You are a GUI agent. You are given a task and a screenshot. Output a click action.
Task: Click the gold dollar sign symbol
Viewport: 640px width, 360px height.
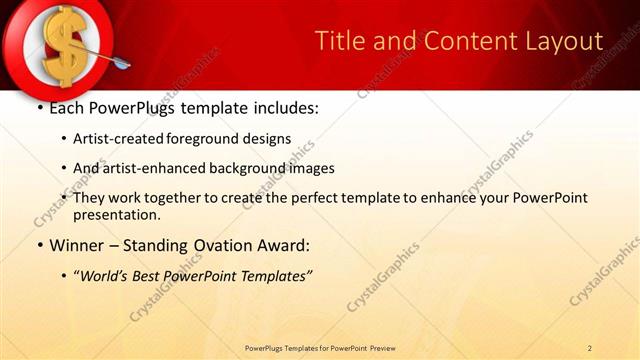63,45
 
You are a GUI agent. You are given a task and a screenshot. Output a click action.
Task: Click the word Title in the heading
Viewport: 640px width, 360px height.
339,41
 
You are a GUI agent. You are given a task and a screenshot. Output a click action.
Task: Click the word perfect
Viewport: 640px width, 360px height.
315,198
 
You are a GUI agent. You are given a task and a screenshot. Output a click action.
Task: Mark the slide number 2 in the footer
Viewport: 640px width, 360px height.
590,348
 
